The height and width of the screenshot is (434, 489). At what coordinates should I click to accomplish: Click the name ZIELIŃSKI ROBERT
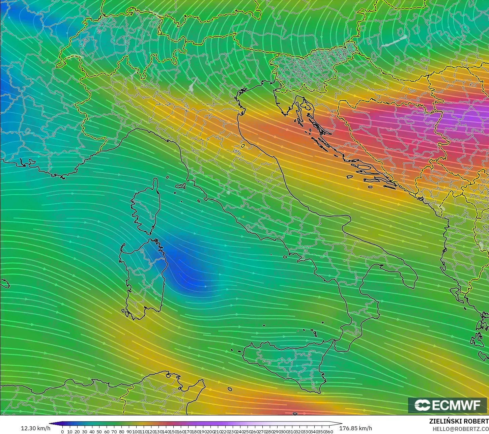pos(459,421)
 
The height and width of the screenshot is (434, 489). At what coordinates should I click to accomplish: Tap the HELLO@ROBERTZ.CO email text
pos(461,429)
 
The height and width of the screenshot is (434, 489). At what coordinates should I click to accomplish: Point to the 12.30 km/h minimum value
pos(35,428)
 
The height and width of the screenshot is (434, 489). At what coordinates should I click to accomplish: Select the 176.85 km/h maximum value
pos(355,428)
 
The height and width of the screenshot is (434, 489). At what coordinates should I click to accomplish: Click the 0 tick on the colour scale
pos(62,431)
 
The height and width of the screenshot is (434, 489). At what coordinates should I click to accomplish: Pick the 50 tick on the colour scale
pos(99,431)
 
